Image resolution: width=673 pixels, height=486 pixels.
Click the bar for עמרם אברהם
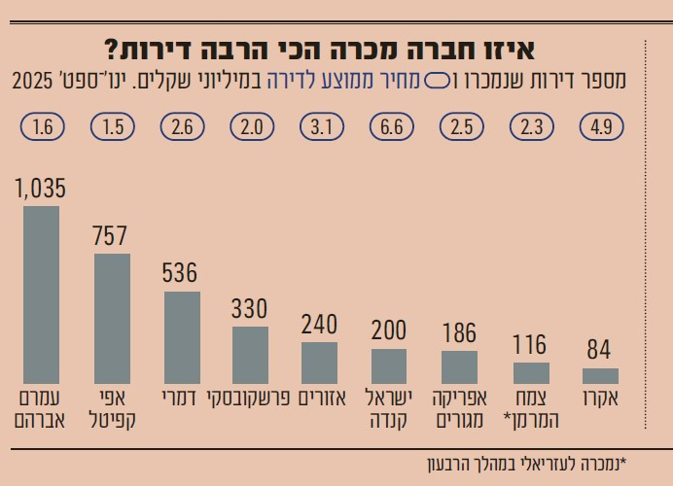tap(41, 295)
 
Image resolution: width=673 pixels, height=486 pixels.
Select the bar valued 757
tap(112, 319)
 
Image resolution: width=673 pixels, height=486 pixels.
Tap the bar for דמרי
tap(182, 337)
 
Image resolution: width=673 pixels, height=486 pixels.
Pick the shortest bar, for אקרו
tap(600, 376)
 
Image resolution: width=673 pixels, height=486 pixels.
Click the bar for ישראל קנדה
tap(389, 365)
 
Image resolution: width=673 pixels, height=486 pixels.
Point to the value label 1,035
tap(40, 190)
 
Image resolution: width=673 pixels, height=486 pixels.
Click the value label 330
tap(250, 310)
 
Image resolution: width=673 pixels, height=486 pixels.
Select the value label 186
tap(459, 334)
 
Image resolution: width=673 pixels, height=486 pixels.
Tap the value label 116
tap(530, 346)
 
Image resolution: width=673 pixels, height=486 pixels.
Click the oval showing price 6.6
tap(390, 126)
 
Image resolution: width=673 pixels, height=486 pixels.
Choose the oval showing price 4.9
tap(600, 126)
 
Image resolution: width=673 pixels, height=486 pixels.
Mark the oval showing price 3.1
tap(320, 126)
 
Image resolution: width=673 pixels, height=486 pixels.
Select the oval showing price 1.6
tap(41, 126)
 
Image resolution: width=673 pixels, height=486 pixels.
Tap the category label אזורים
tap(320, 399)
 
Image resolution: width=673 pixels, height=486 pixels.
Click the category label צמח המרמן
tap(530, 409)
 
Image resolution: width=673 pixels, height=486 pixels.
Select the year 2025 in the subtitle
tap(31, 80)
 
